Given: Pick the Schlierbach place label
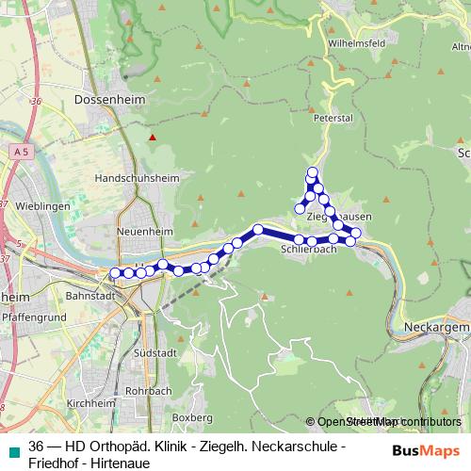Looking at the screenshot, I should (x=309, y=251).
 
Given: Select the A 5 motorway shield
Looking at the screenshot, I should (x=20, y=151).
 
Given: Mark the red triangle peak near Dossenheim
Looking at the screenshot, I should (x=153, y=138).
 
